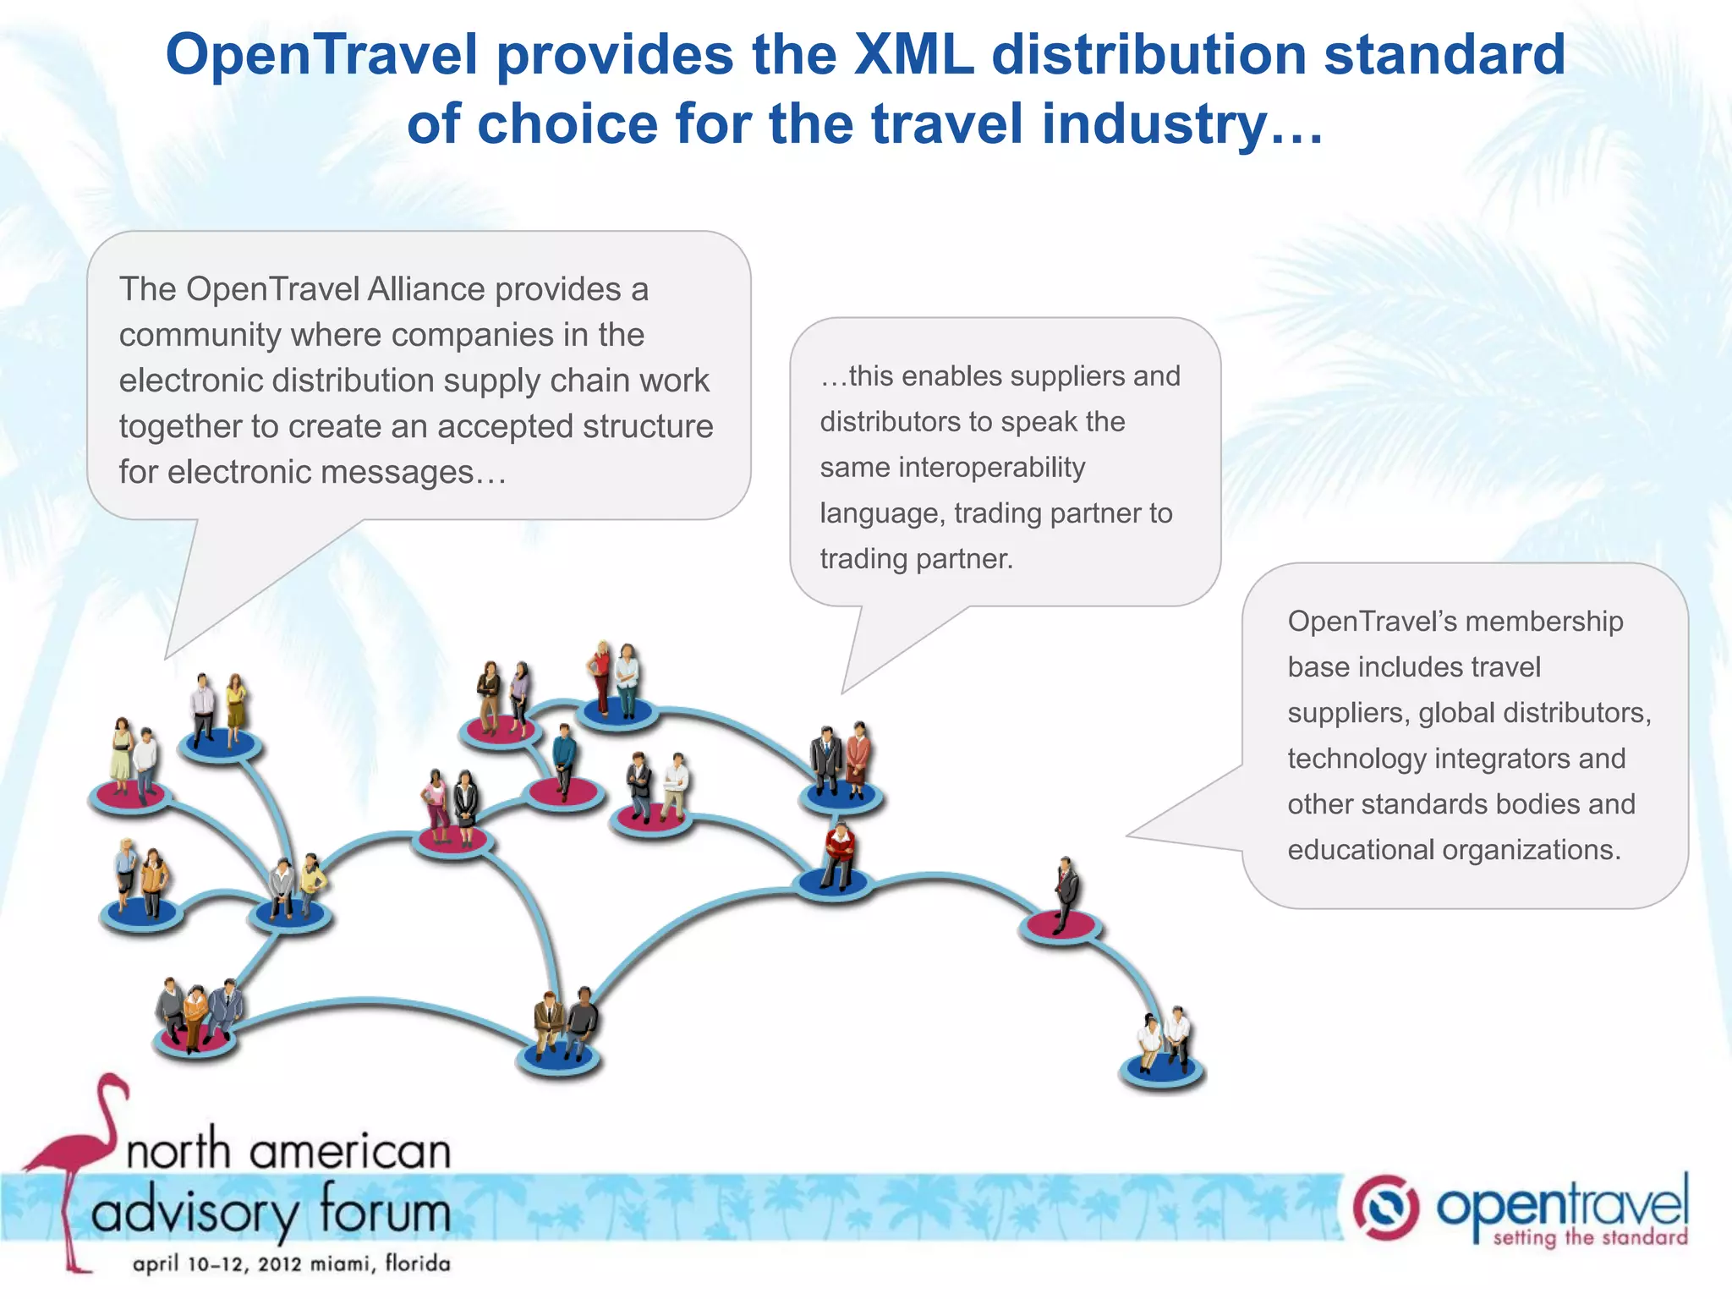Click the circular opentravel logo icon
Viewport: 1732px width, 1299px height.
(1385, 1207)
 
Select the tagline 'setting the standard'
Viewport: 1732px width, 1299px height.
(1589, 1238)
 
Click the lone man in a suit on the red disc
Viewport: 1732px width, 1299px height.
(1066, 892)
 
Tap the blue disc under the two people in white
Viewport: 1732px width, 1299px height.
(1162, 1071)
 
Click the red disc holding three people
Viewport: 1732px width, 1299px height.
(195, 1040)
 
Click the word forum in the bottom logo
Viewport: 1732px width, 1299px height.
(385, 1211)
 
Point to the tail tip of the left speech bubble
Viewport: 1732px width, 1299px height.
(167, 656)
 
